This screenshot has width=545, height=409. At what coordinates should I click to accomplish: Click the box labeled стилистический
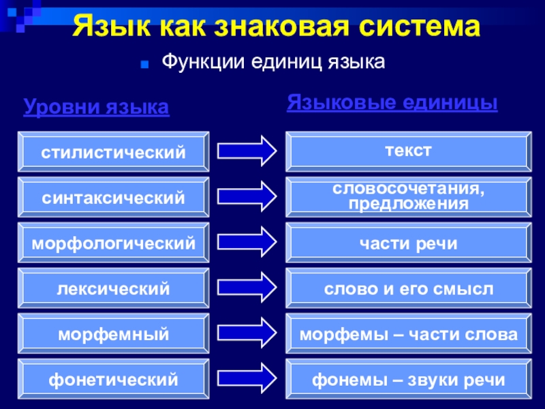pyautogui.click(x=113, y=151)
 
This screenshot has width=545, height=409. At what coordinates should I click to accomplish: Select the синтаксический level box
pyautogui.click(x=113, y=198)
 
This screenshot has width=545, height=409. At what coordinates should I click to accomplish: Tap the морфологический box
pyautogui.click(x=113, y=243)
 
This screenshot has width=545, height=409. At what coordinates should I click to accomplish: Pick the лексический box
pyautogui.click(x=113, y=289)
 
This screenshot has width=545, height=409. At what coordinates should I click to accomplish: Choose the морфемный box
pyautogui.click(x=113, y=334)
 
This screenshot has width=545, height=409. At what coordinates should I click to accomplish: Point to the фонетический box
pyautogui.click(x=113, y=379)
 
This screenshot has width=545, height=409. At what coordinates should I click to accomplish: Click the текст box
pyautogui.click(x=408, y=151)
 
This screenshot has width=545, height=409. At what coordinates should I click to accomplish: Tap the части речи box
pyautogui.click(x=408, y=243)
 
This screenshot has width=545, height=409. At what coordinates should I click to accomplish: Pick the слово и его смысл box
pyautogui.click(x=408, y=289)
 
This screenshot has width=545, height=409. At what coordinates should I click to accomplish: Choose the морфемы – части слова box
pyautogui.click(x=408, y=334)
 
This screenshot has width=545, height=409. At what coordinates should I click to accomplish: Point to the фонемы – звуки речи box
pyautogui.click(x=408, y=379)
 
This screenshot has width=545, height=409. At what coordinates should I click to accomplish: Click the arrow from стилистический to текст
pyautogui.click(x=246, y=151)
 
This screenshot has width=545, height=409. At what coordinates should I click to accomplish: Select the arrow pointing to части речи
pyautogui.click(x=246, y=241)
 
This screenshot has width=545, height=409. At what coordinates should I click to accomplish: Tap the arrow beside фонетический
pyautogui.click(x=246, y=377)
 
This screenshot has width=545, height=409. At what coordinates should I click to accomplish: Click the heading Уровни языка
pyautogui.click(x=96, y=107)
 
